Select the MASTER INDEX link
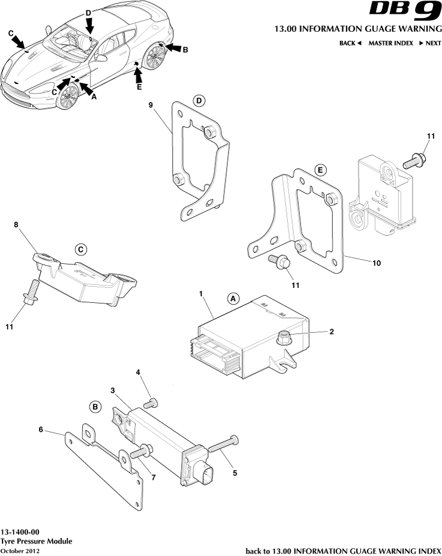click(x=390, y=43)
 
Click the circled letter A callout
click(x=233, y=297)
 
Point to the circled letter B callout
click(x=95, y=407)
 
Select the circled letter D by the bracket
click(x=199, y=100)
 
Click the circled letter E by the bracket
click(x=320, y=170)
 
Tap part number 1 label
click(x=201, y=293)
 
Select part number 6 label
click(x=41, y=429)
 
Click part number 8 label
click(x=17, y=225)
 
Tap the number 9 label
click(x=151, y=105)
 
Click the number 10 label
click(x=376, y=262)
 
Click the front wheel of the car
click(x=68, y=96)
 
